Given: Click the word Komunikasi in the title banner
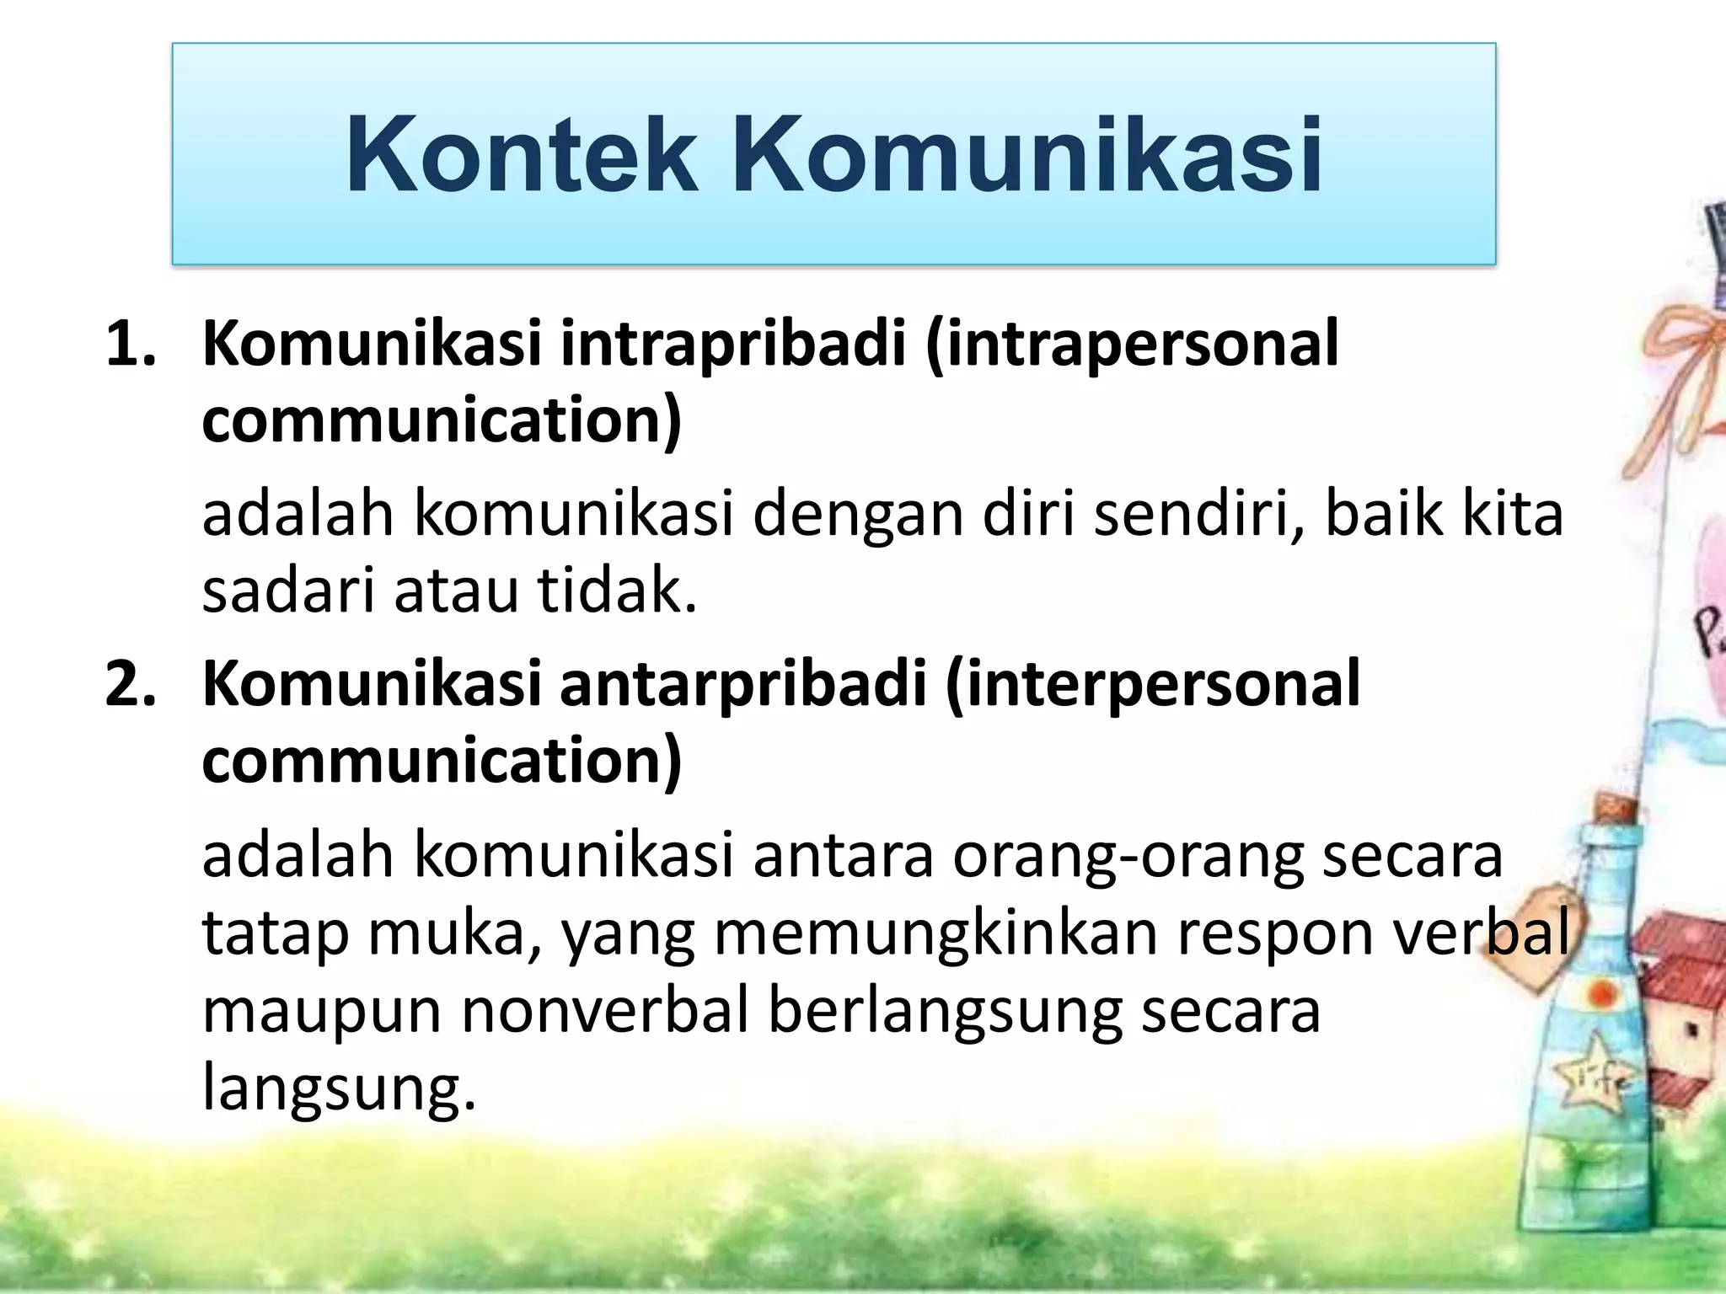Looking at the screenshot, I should pyautogui.click(x=1026, y=157).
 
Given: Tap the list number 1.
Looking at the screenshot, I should pyautogui.click(x=130, y=345).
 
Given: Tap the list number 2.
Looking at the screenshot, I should pyautogui.click(x=130, y=684).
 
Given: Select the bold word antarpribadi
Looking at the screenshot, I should pyautogui.click(x=742, y=684).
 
